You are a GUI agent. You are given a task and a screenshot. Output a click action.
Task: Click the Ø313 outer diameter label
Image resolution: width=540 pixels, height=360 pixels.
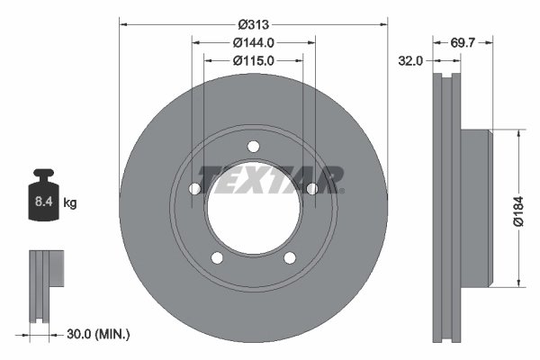click(254, 24)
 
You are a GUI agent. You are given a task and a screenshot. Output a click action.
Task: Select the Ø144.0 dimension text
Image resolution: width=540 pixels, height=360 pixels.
click(254, 42)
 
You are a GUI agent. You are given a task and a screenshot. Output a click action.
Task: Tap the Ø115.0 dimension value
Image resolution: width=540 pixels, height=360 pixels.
click(254, 61)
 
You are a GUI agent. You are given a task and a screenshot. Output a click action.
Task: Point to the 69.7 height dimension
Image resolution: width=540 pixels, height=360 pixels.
click(463, 42)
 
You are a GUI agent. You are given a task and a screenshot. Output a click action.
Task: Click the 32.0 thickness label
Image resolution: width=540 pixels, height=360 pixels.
click(410, 61)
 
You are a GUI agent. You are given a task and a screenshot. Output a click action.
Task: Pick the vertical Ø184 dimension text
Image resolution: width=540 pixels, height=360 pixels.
click(518, 211)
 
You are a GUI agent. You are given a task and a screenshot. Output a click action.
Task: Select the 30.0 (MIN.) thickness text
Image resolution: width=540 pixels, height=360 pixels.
click(98, 334)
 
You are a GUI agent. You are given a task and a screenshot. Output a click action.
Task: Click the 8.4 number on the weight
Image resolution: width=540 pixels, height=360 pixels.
click(43, 202)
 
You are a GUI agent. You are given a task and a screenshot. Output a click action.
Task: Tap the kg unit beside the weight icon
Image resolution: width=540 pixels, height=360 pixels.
click(70, 203)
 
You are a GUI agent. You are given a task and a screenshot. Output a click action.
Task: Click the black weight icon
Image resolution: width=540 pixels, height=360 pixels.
click(43, 194)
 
